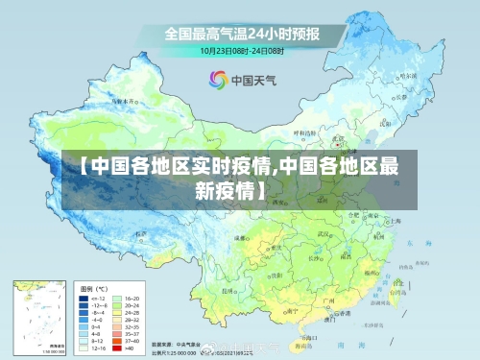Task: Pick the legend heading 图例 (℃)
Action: point(94,288)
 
